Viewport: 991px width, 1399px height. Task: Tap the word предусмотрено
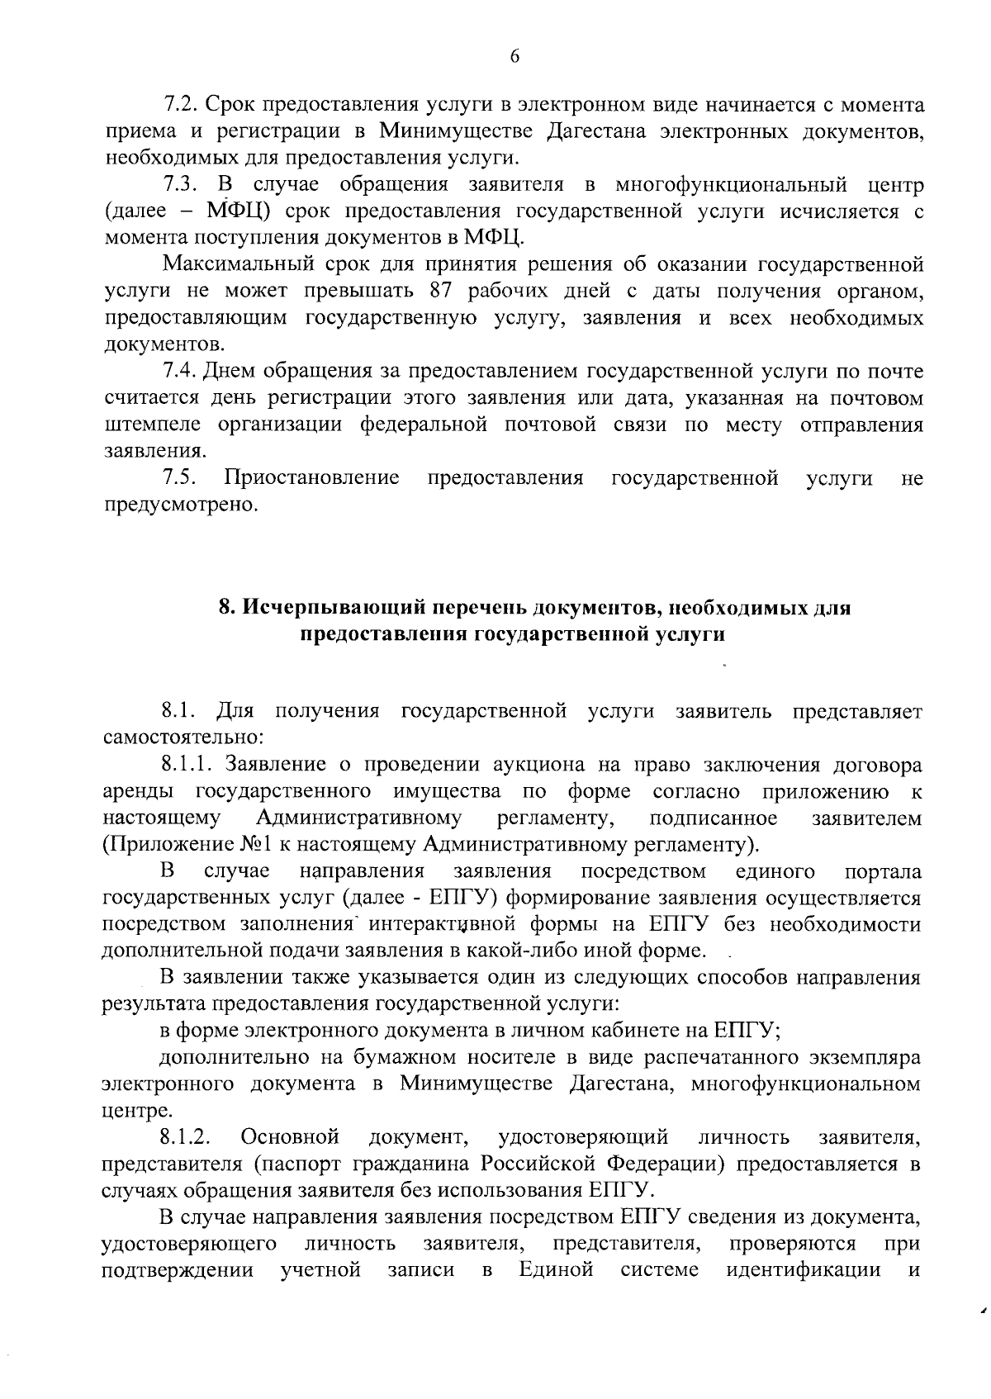click(181, 504)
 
